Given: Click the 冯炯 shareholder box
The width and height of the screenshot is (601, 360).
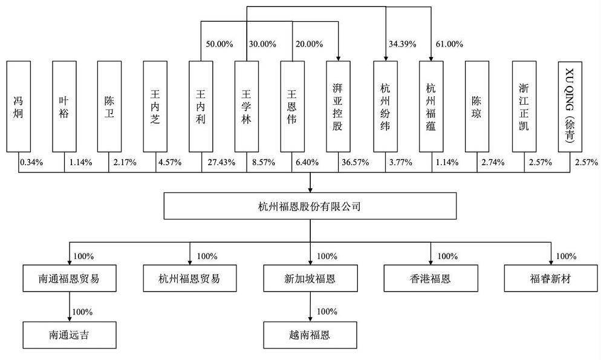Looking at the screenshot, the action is (x=18, y=106).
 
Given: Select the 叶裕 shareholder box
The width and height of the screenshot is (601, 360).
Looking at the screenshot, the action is (x=64, y=106).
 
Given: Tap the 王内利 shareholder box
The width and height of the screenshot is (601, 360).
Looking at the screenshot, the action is (x=201, y=106).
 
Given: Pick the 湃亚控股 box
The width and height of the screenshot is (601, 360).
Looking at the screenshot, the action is (x=338, y=106).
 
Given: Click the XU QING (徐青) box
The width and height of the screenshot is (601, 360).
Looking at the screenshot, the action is (x=570, y=106).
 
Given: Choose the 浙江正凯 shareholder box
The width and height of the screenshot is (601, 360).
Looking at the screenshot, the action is (x=524, y=106).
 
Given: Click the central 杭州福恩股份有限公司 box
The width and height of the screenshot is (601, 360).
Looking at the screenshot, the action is (x=310, y=206).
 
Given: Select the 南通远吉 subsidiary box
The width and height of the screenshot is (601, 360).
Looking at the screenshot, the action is (x=70, y=335).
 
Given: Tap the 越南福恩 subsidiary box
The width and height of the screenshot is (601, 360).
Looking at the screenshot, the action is (x=310, y=335).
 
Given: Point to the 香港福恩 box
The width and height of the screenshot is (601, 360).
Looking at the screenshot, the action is (x=431, y=278).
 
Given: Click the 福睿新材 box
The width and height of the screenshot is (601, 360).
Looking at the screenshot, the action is (x=551, y=278).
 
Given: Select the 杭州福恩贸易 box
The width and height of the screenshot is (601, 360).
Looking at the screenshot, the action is (x=190, y=278).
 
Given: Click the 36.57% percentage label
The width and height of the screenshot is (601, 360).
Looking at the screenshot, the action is (x=356, y=162).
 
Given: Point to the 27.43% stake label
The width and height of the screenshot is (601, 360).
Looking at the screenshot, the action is (x=221, y=162).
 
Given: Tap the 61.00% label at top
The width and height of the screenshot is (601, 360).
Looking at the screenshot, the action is (x=449, y=44).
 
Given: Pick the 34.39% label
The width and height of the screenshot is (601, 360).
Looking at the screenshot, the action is (x=403, y=44).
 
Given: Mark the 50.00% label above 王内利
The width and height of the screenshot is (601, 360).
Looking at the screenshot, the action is (x=219, y=44).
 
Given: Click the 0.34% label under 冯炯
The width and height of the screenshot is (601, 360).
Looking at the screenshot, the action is (x=31, y=162).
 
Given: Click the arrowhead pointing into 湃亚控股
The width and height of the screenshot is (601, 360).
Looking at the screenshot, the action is (x=338, y=58).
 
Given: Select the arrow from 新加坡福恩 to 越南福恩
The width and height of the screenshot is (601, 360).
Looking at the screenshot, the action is (x=310, y=307).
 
